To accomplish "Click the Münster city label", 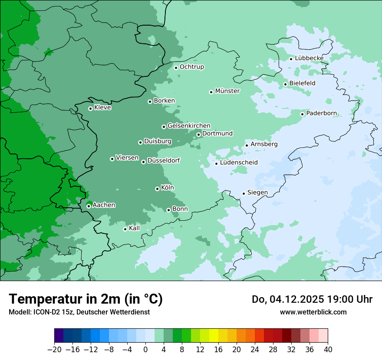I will (227, 91).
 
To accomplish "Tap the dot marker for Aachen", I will (89, 206).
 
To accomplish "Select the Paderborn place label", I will (321, 114).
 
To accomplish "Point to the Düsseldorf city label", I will (164, 161).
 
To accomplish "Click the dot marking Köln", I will (157, 189).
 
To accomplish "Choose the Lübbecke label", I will (309, 58).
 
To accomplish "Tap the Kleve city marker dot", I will (90, 108).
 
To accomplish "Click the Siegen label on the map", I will (257, 193).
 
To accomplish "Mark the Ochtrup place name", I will (191, 67).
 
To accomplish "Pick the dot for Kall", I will (125, 229).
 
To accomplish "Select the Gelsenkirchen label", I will (189, 126).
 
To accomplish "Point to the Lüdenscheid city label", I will (239, 163).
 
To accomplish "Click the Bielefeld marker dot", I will (285, 84).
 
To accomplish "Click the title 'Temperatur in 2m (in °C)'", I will (86, 299).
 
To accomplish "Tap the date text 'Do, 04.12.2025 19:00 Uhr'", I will (312, 299).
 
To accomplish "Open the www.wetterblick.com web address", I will (313, 312).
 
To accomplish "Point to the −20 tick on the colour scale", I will (54, 350).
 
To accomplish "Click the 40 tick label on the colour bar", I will (328, 350).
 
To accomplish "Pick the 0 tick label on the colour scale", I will (145, 350).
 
